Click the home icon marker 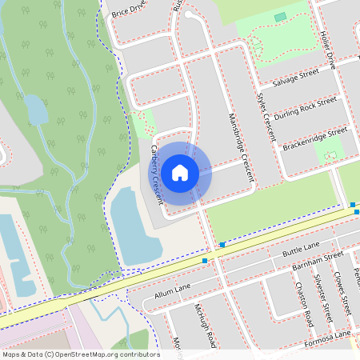coord(180,172)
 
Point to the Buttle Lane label coord(301,248)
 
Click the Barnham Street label coord(318,262)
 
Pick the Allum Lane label coord(172,290)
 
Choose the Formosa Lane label coord(328,339)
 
